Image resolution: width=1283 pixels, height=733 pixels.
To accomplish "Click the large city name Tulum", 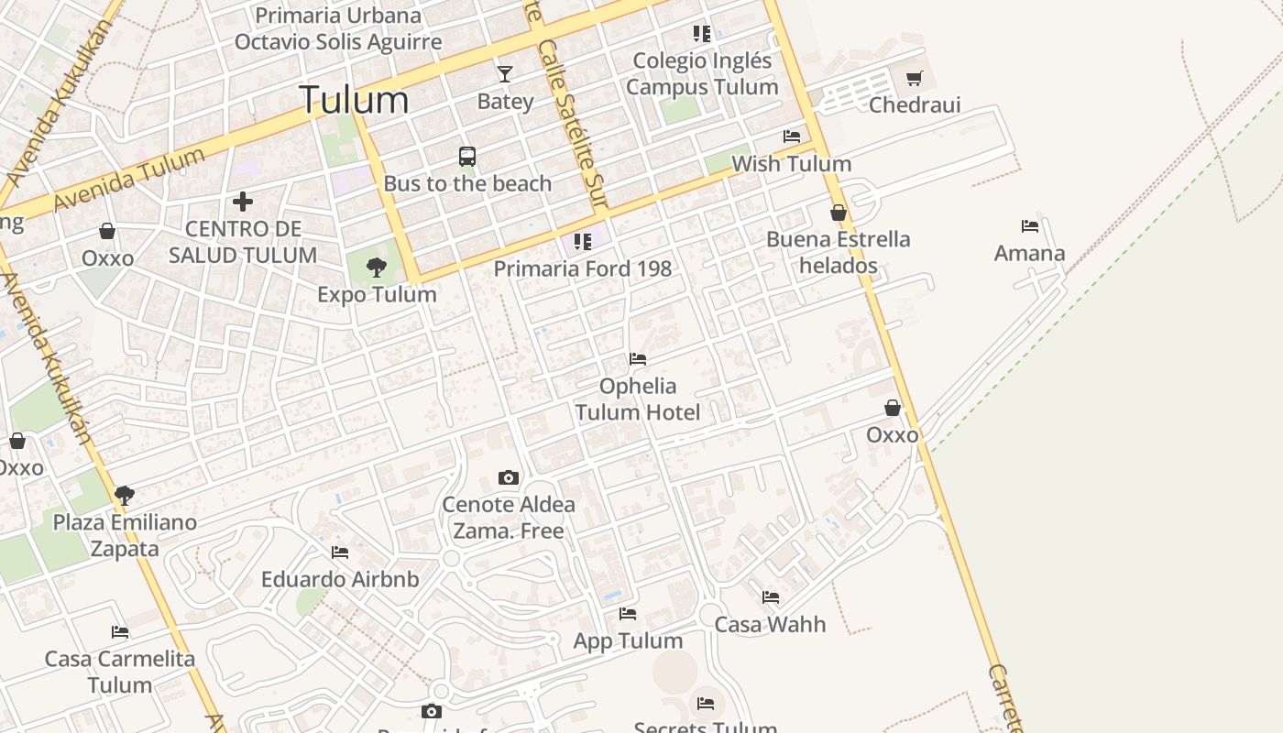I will click(354, 100).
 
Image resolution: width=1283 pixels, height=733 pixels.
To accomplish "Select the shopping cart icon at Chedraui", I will click(914, 79).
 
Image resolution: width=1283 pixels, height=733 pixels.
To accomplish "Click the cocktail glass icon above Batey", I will click(505, 73).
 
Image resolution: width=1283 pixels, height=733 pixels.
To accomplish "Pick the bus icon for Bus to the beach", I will click(467, 157).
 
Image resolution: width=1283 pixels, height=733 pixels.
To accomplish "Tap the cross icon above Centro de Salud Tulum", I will click(243, 201).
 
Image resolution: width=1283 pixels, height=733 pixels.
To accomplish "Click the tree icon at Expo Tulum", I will click(376, 268).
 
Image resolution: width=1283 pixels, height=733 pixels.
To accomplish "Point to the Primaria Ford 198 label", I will click(583, 268).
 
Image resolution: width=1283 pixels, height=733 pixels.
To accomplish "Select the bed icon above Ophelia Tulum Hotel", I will click(638, 359).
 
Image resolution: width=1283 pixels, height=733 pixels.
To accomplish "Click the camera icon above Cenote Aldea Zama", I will click(509, 477).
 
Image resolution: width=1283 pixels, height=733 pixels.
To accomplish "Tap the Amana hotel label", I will click(1029, 253).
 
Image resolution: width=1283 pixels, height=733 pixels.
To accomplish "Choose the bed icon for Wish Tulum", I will click(792, 137).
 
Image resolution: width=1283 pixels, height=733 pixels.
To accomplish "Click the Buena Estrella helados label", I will click(839, 252).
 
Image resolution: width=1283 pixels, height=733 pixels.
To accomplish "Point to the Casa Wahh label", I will click(770, 625).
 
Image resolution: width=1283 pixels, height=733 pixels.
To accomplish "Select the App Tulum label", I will click(628, 640).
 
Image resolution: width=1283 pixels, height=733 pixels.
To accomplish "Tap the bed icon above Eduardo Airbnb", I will click(340, 552).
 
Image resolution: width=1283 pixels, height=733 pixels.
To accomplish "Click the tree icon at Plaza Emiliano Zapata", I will click(125, 496).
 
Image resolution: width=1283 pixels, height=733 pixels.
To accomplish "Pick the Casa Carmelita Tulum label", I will click(120, 672).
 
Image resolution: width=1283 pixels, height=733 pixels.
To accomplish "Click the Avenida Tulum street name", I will click(128, 180).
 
